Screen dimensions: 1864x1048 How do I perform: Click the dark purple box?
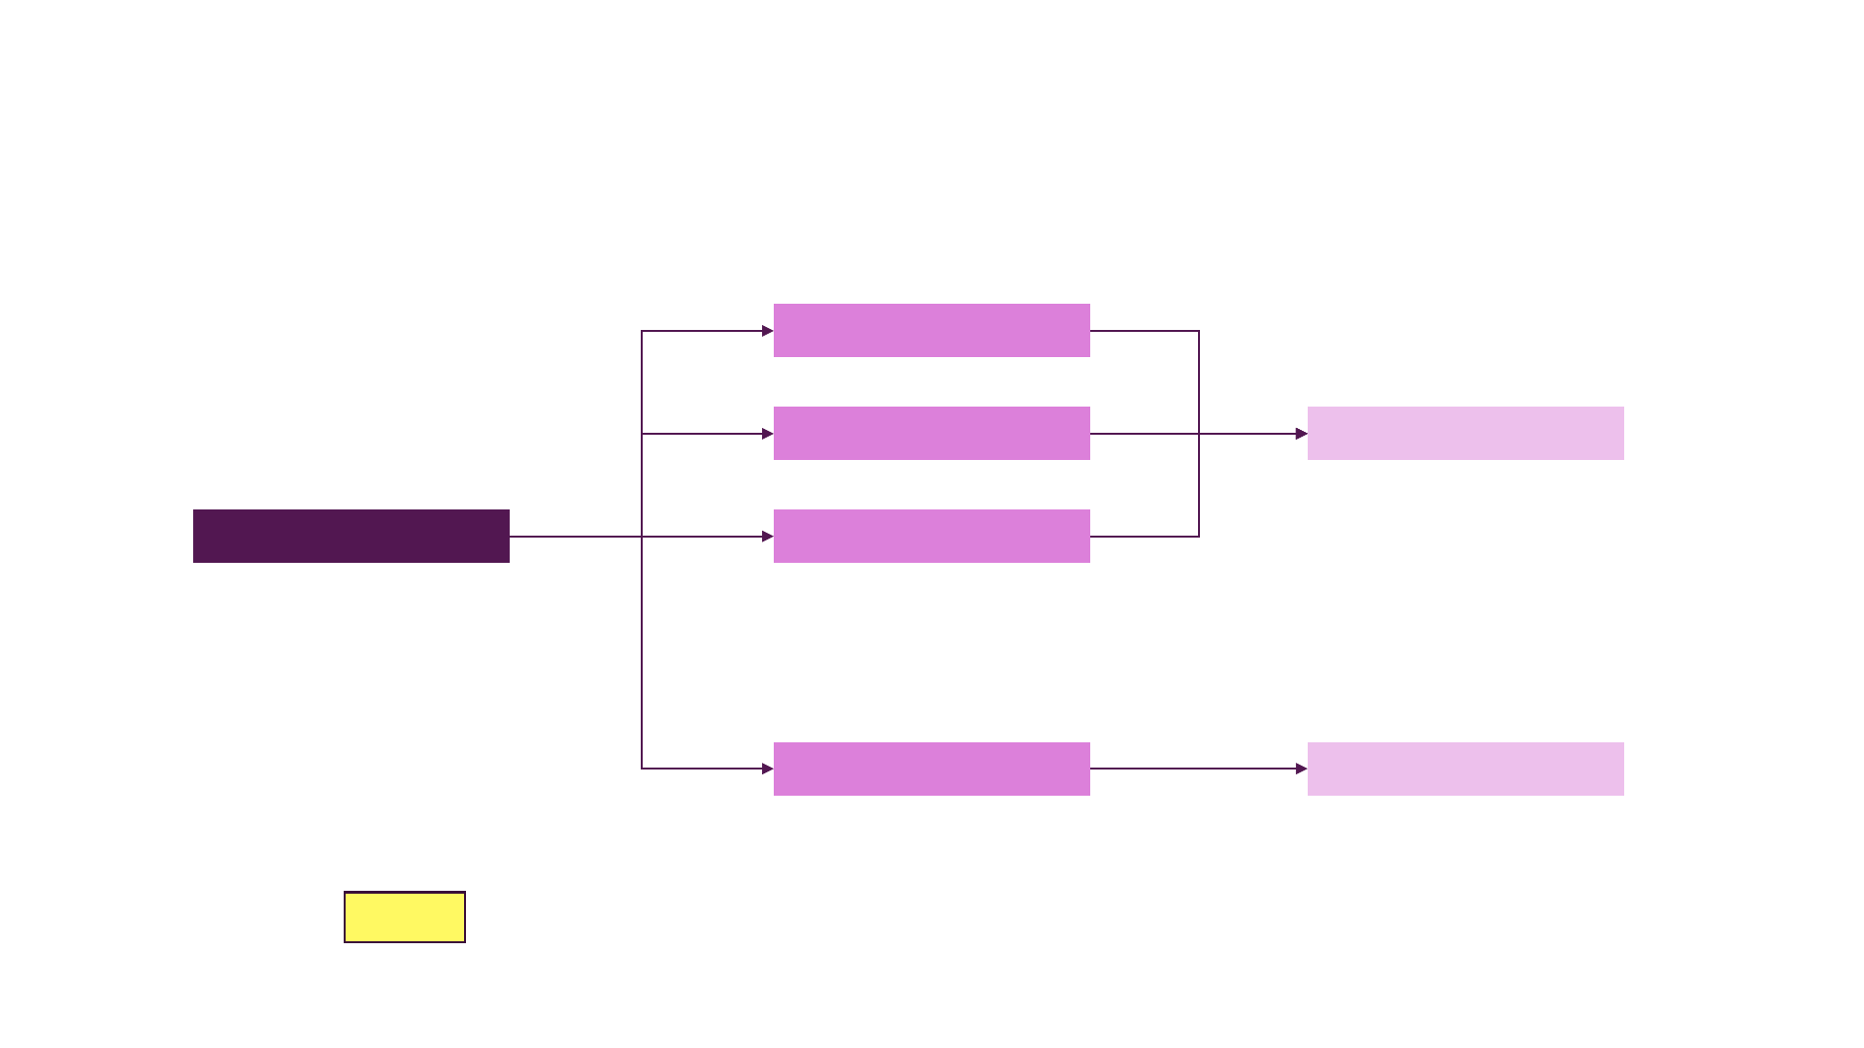click(350, 536)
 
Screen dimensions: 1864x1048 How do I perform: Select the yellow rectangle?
click(405, 917)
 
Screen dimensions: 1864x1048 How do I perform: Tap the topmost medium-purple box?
click(931, 330)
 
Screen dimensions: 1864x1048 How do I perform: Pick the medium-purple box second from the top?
click(931, 433)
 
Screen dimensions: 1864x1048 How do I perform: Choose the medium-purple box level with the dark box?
click(931, 536)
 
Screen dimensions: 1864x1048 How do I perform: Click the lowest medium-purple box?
click(931, 769)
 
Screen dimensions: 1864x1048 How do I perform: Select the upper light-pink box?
click(1465, 433)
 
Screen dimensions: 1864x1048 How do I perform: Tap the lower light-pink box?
click(1465, 769)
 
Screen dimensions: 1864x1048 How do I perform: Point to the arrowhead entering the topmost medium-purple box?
click(767, 331)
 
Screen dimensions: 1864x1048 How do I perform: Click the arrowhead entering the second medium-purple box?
click(767, 434)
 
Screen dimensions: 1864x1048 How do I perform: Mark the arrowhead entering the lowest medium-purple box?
click(767, 769)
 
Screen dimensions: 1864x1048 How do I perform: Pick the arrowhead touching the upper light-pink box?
click(1301, 434)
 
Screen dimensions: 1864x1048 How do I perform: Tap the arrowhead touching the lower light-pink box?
click(1301, 769)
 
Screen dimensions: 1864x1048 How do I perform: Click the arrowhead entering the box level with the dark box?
click(767, 537)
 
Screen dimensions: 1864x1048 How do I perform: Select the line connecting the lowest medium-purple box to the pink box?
click(1194, 769)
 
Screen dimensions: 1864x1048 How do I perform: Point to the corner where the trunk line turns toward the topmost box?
click(642, 331)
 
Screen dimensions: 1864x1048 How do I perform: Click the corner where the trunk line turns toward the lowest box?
click(642, 769)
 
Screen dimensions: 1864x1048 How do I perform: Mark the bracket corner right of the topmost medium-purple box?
click(1199, 331)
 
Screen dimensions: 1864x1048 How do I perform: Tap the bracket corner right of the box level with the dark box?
click(1199, 537)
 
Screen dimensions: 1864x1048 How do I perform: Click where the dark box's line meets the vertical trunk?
click(642, 537)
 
